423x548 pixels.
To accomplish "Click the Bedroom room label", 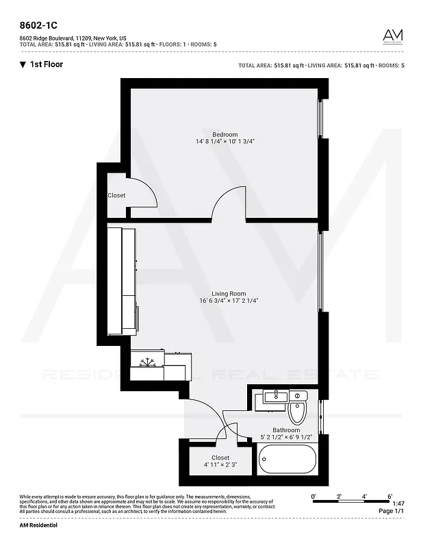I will click(225, 134).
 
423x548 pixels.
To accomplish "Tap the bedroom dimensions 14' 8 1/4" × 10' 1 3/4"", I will click(225, 141).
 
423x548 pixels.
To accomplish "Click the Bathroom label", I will click(286, 430).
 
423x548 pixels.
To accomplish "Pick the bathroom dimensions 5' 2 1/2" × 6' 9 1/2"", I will click(286, 437).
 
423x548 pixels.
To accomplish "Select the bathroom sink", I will click(275, 397).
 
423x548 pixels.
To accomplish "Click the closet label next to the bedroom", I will click(116, 195).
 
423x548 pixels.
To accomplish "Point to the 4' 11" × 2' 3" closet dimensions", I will click(220, 464).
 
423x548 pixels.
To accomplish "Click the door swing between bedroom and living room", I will click(228, 206).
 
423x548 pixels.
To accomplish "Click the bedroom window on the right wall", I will click(320, 120).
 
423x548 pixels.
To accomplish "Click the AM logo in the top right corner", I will click(392, 36).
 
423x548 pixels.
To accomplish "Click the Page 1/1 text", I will click(391, 511).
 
